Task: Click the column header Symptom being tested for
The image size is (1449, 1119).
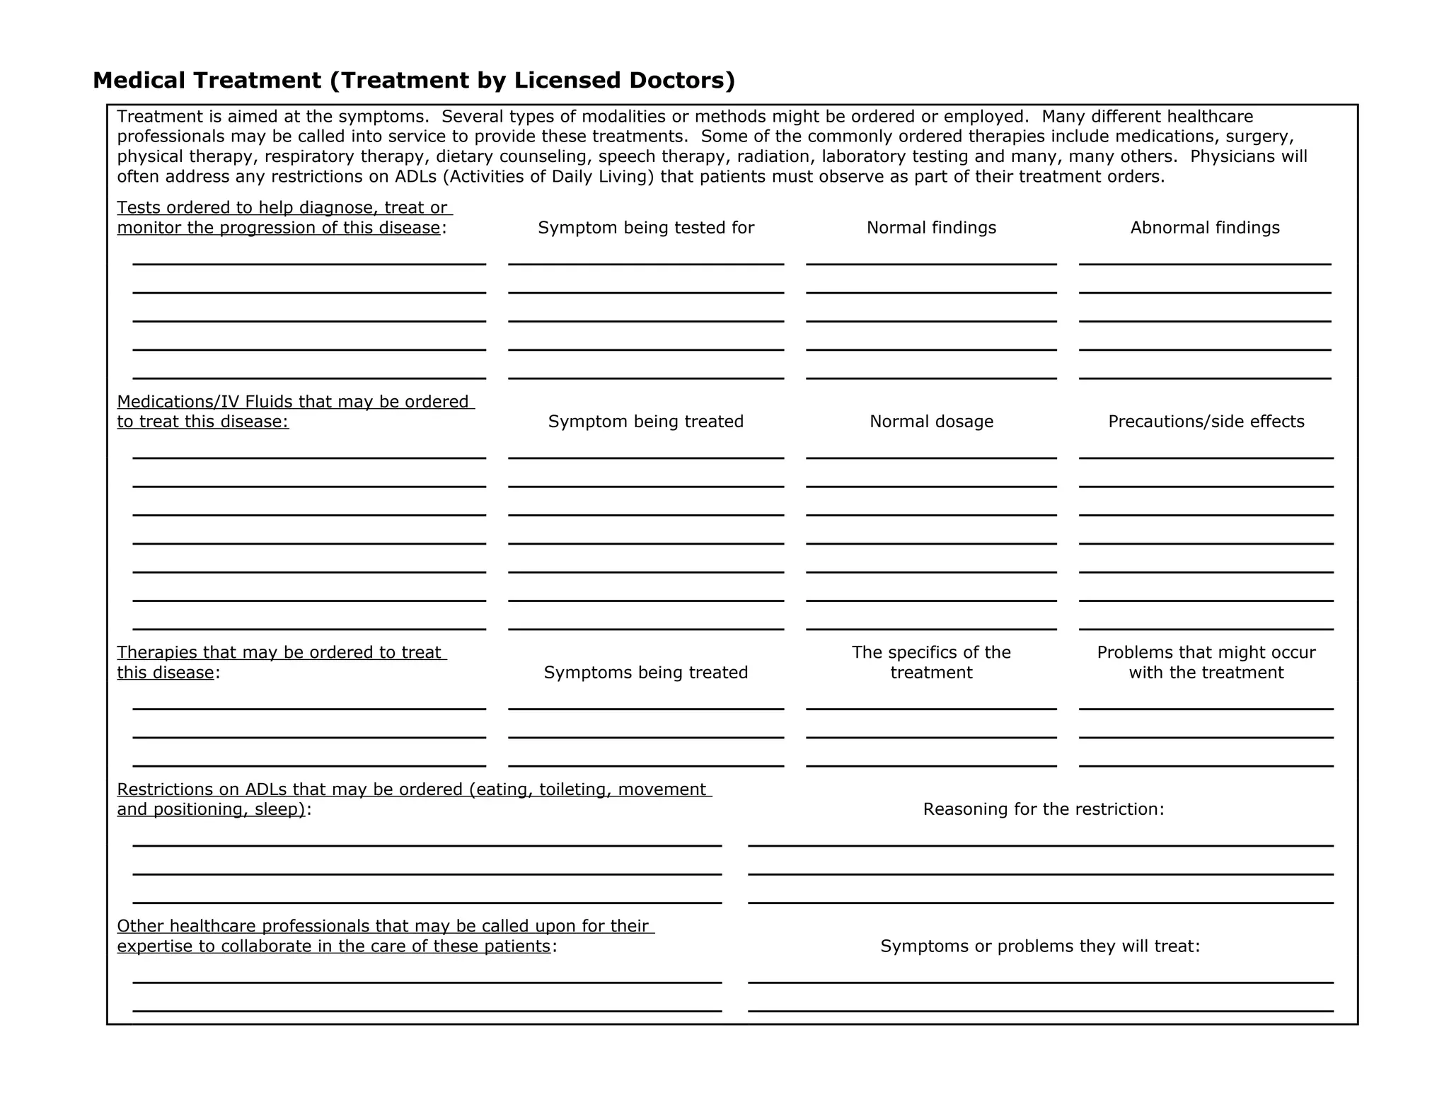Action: pyautogui.click(x=646, y=228)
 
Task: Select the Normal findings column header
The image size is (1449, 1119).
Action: pyautogui.click(x=931, y=228)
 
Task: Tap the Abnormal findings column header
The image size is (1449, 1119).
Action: pyautogui.click(x=1205, y=228)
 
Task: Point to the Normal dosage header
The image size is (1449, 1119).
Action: pyautogui.click(x=931, y=422)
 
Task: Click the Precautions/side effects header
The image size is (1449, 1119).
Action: pyautogui.click(x=1206, y=422)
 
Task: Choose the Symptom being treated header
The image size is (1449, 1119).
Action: pyautogui.click(x=646, y=422)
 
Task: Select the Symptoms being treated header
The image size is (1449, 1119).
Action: pyautogui.click(x=646, y=673)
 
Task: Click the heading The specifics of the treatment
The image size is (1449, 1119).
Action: pyautogui.click(x=931, y=662)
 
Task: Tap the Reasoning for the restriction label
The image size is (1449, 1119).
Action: pyautogui.click(x=1043, y=809)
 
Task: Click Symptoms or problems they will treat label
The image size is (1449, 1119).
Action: pyautogui.click(x=1040, y=946)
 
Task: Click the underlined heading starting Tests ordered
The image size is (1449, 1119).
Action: pyautogui.click(x=283, y=218)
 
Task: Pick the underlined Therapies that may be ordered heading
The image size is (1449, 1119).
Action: pyautogui.click(x=281, y=662)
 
